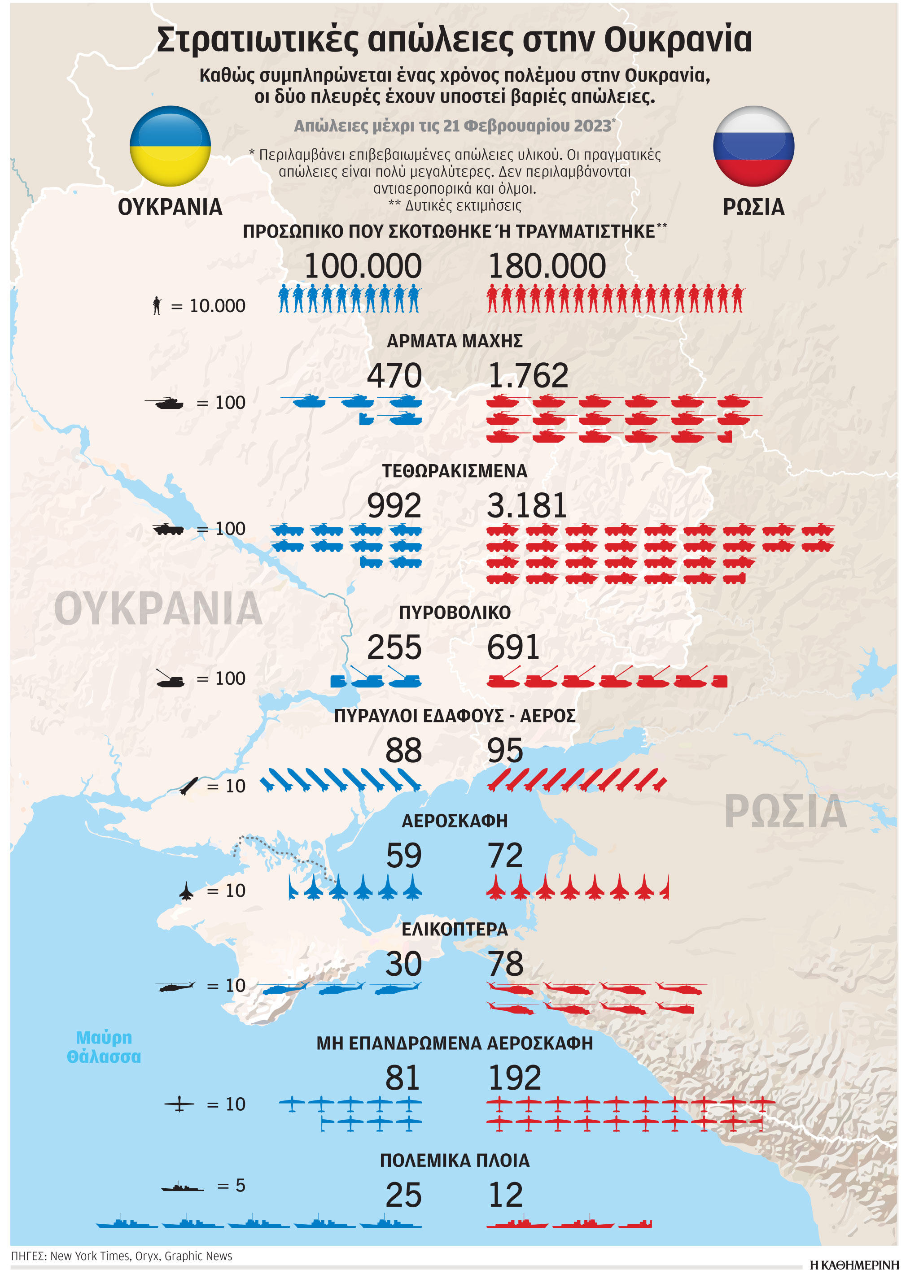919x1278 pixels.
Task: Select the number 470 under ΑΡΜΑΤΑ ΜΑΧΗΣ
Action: pos(394,375)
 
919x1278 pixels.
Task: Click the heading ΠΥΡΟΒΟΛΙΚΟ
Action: pos(455,613)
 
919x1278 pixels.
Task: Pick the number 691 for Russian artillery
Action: pos(512,647)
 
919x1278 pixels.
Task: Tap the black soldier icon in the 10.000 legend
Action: pos(157,305)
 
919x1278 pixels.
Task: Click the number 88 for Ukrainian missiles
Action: pos(403,751)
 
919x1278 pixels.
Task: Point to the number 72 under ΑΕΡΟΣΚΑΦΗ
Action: pos(505,856)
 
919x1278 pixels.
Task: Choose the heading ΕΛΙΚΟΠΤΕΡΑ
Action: pos(455,929)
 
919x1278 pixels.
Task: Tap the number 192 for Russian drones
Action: pos(514,1078)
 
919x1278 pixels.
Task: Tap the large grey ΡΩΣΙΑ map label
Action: pos(785,812)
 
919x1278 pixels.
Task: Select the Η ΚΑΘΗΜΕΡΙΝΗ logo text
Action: pos(853,1265)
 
